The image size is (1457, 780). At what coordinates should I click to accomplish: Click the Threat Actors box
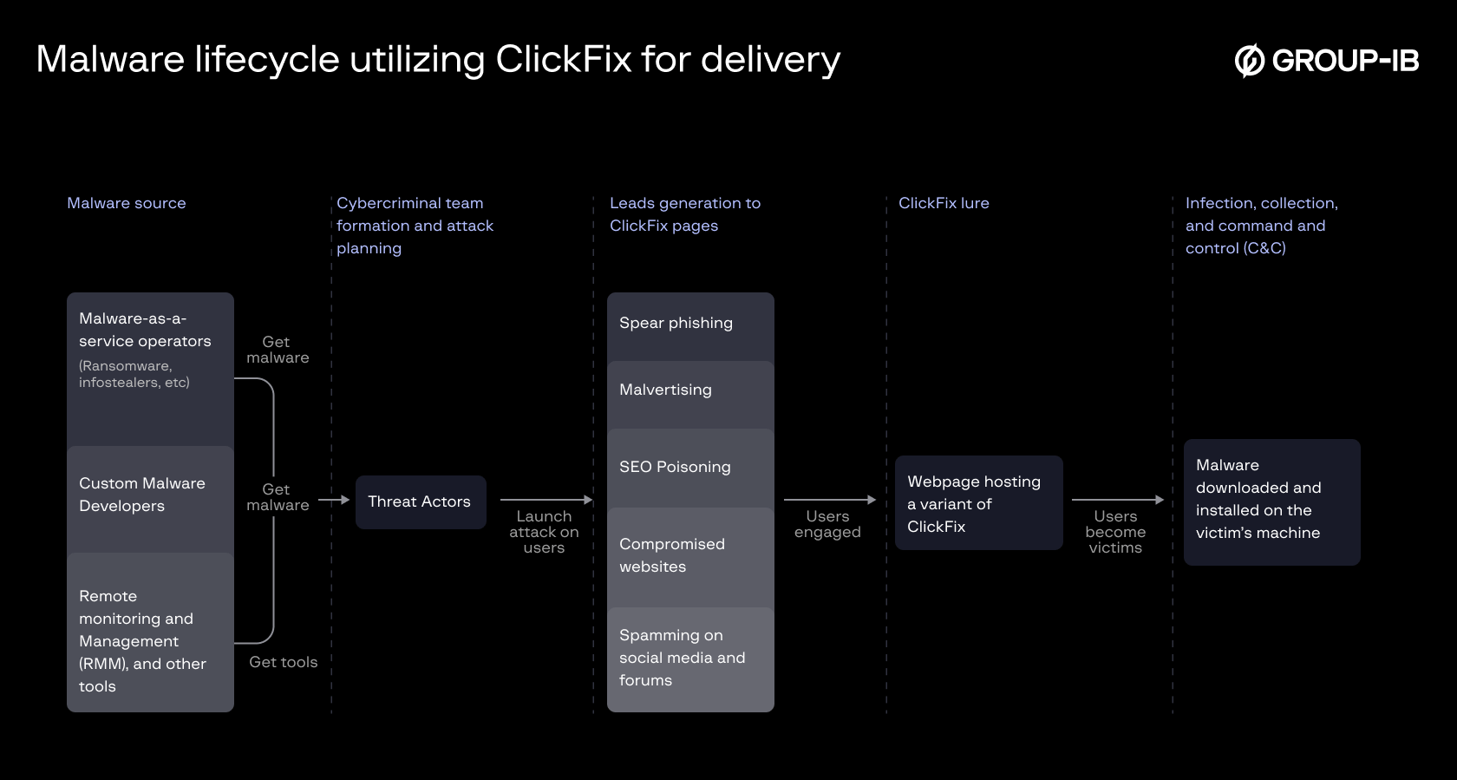click(x=421, y=501)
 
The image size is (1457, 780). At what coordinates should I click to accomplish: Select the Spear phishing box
click(x=689, y=324)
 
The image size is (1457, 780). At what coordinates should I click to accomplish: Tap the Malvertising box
click(x=689, y=392)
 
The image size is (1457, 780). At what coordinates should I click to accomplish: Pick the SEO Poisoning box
click(x=689, y=468)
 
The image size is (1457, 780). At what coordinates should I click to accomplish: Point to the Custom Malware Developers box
click(x=149, y=496)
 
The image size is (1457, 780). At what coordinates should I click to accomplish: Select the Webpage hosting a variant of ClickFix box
click(x=978, y=503)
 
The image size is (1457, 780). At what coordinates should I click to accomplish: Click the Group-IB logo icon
click(x=1250, y=61)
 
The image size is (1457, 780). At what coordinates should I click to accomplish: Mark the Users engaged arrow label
click(x=827, y=524)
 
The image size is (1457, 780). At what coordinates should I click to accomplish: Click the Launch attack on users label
click(x=544, y=532)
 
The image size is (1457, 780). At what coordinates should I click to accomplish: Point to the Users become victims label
click(x=1115, y=532)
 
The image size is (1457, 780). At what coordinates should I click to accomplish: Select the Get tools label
click(x=283, y=662)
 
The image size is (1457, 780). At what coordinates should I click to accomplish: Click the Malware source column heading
click(x=127, y=203)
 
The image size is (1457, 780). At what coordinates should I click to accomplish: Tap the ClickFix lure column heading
click(x=944, y=203)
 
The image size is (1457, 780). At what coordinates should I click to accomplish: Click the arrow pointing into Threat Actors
click(x=334, y=500)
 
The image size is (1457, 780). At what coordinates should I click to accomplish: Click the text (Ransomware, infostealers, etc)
click(x=134, y=374)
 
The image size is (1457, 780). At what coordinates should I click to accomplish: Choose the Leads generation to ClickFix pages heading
click(x=684, y=214)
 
